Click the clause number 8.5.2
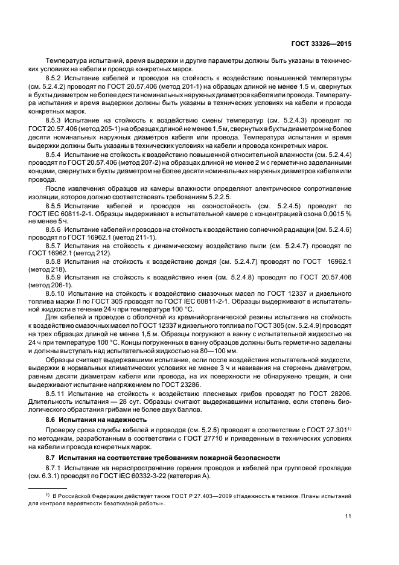coord(55,80)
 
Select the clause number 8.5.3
coord(55,121)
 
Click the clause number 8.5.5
coord(55,205)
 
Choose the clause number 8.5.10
coord(57,292)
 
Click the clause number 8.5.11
coord(57,392)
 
